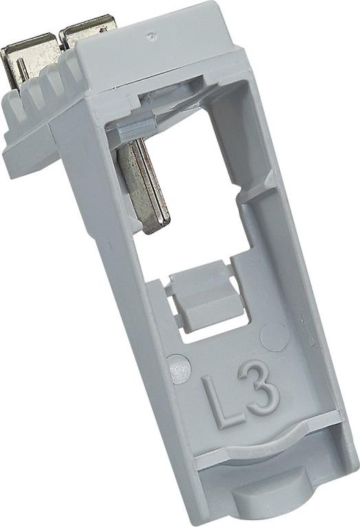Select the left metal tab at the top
(x=28, y=58)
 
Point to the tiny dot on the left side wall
(x=107, y=242)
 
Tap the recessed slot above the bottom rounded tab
(x=268, y=475)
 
